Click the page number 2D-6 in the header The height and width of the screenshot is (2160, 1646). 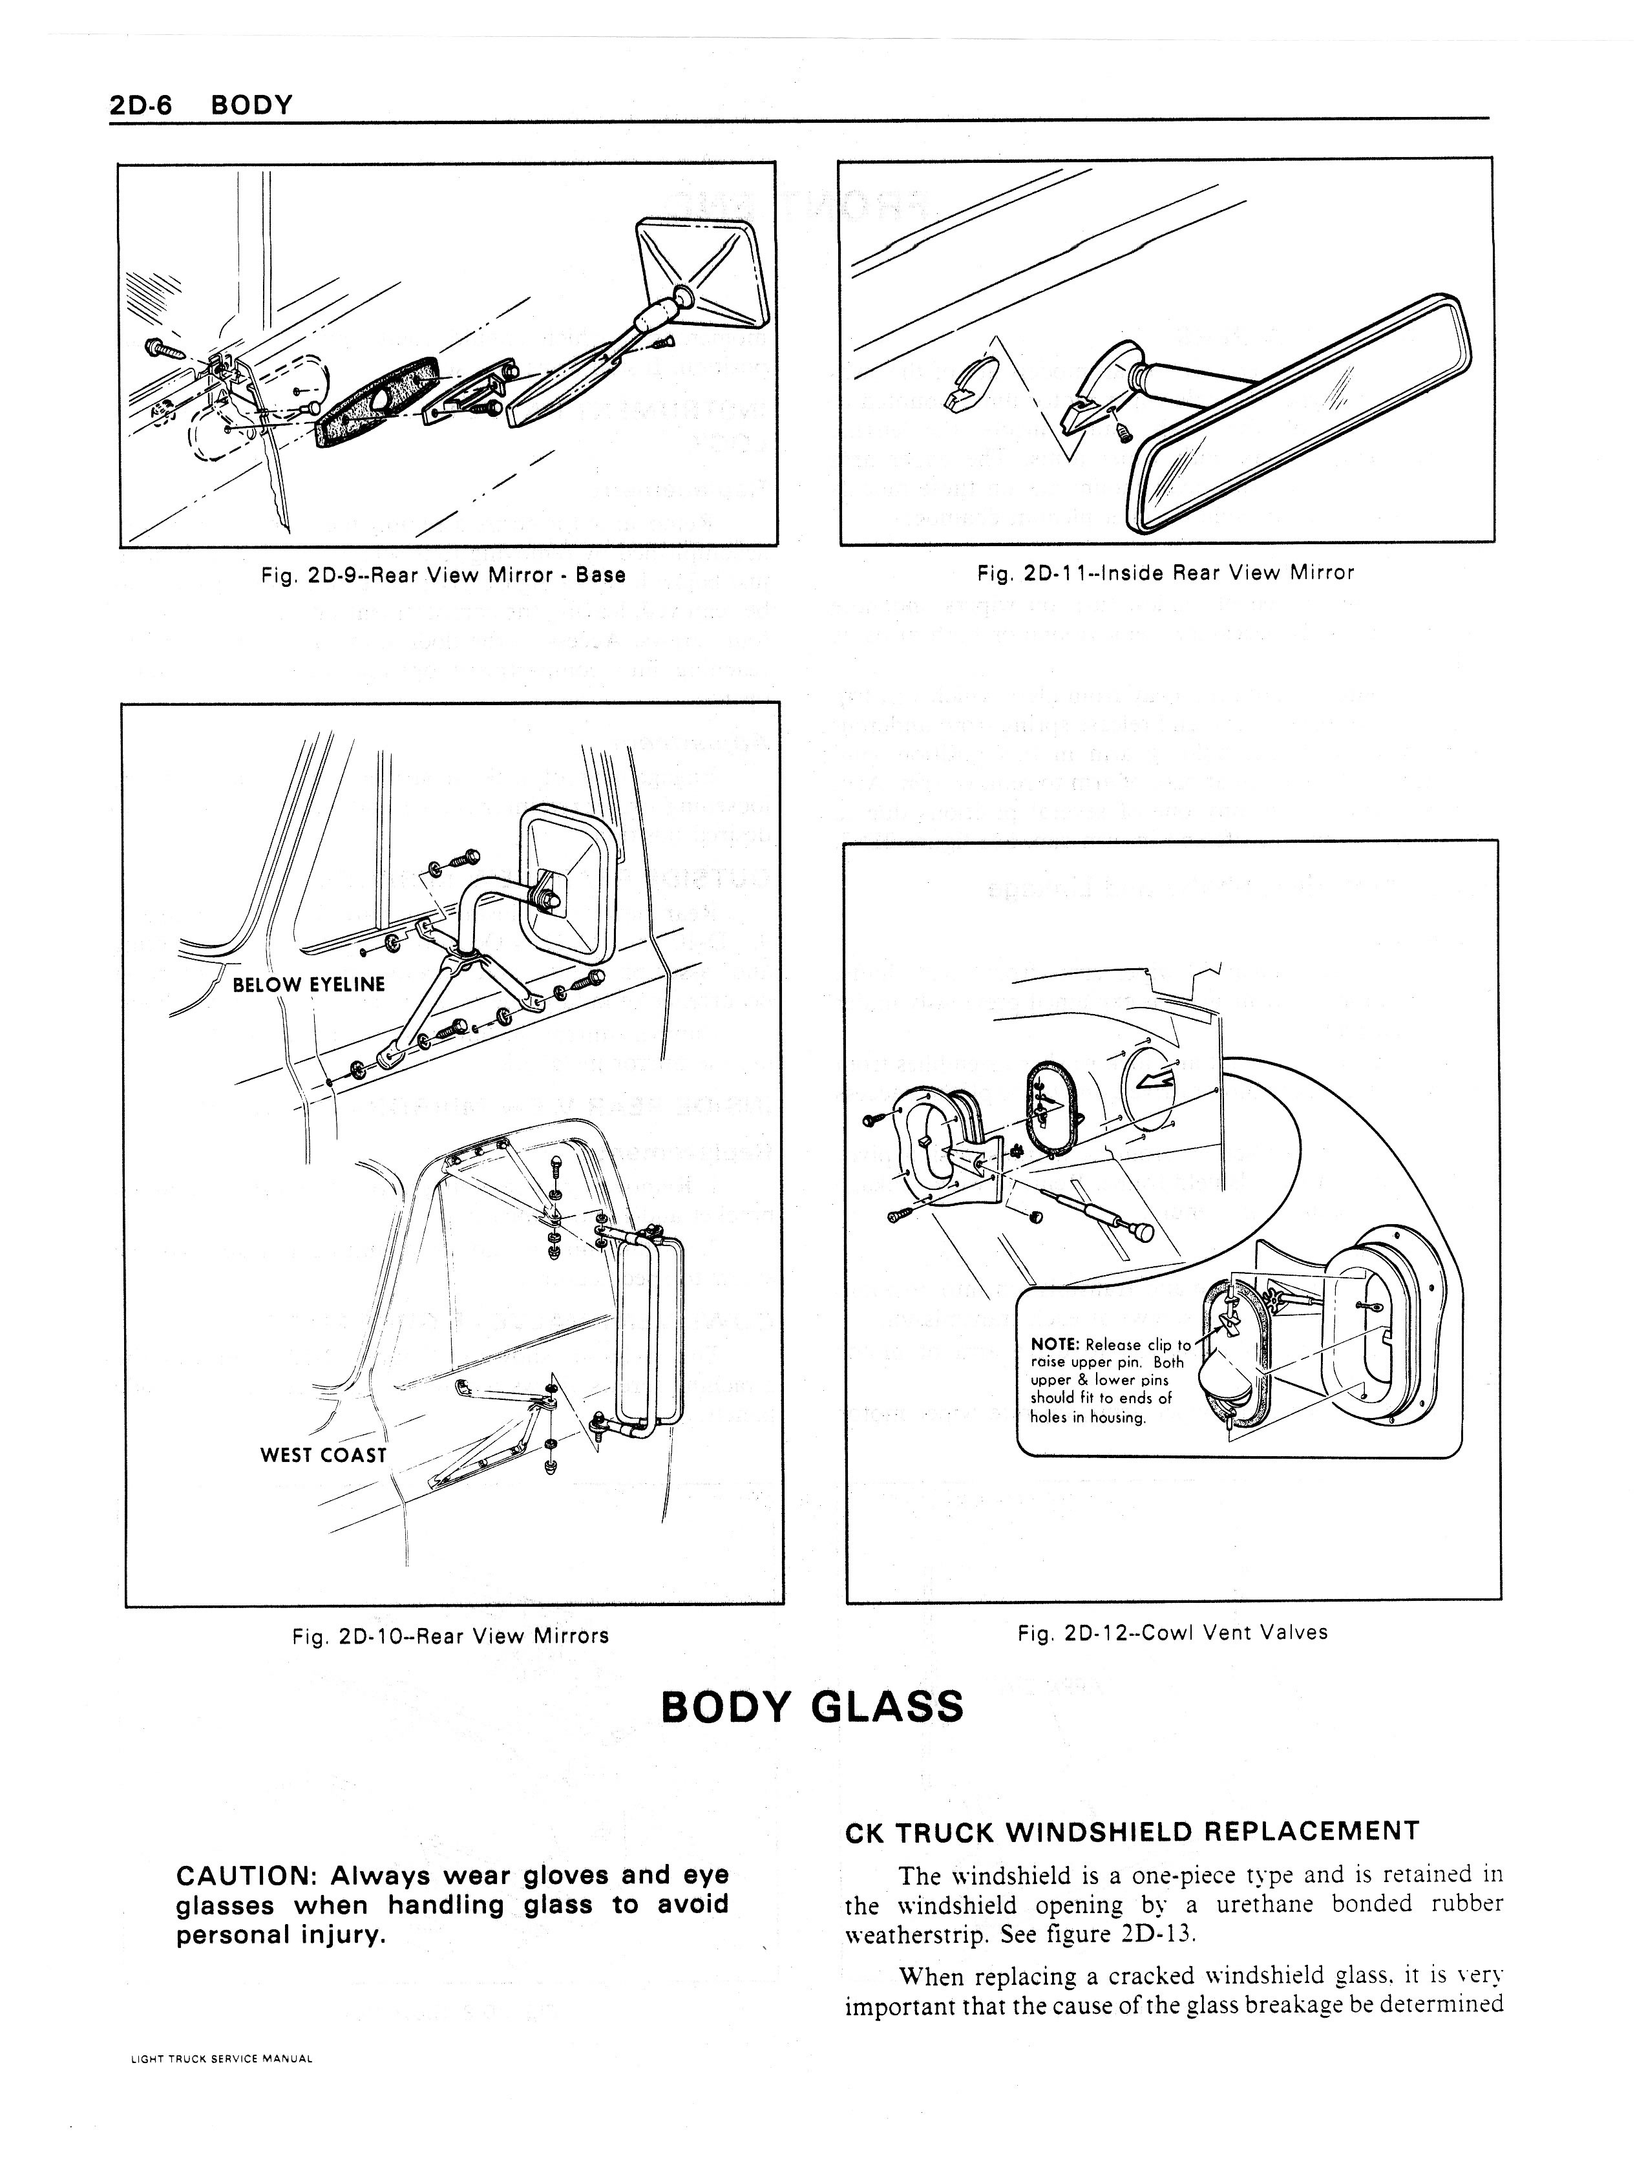140,105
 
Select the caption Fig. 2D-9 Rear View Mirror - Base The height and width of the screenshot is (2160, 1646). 443,575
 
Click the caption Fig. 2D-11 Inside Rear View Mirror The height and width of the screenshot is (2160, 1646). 1165,573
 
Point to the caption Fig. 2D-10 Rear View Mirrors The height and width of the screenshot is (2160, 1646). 450,1636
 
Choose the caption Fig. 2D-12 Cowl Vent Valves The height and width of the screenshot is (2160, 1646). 1172,1632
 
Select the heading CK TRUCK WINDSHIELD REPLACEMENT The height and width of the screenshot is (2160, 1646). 1131,1831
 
